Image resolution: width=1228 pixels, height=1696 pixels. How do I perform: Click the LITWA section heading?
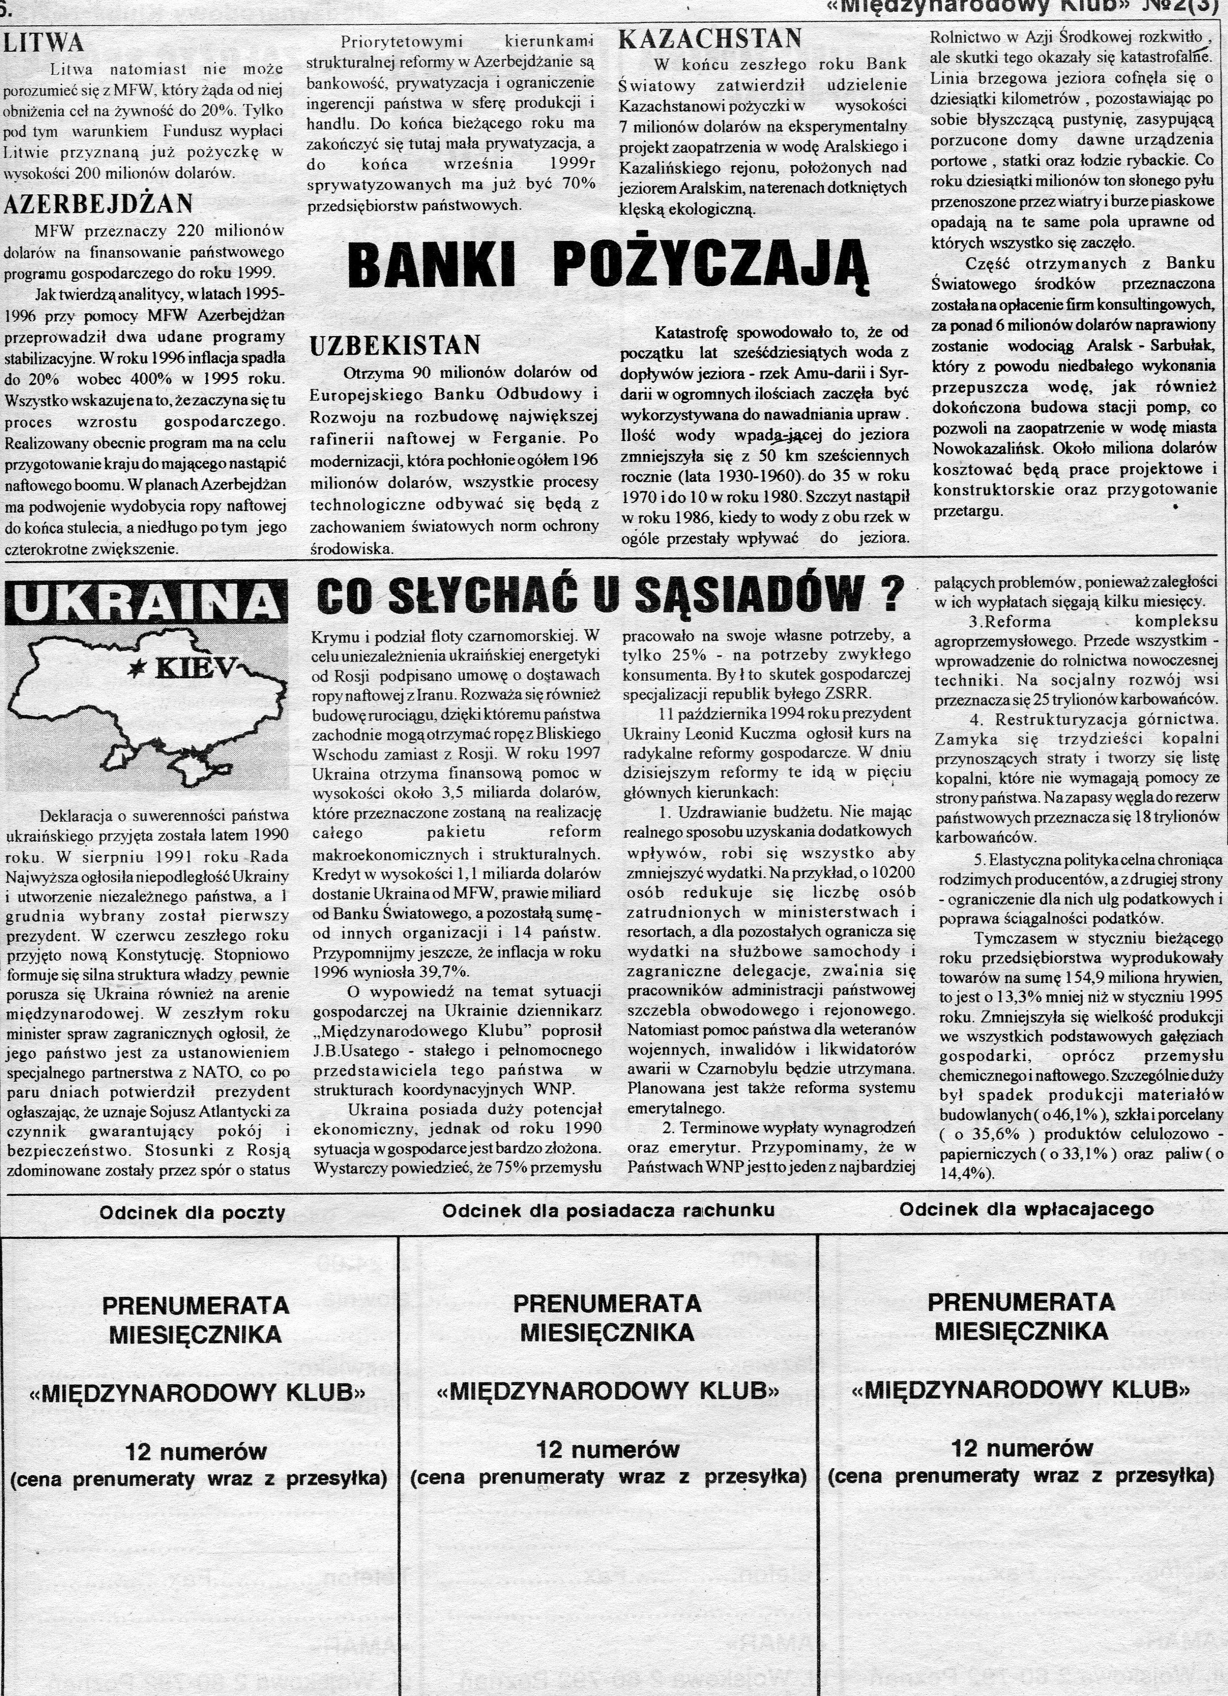[x=44, y=42]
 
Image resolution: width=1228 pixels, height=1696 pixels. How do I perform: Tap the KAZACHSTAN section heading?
[x=710, y=38]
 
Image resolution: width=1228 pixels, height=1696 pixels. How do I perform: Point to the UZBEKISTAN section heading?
[x=395, y=345]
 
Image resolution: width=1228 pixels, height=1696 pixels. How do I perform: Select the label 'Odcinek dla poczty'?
[x=192, y=1213]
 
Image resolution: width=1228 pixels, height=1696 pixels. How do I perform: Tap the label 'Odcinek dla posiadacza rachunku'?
[x=608, y=1211]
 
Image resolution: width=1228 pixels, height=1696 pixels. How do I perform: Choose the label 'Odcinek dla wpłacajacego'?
[x=1026, y=1209]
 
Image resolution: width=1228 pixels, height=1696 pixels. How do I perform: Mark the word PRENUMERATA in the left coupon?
[x=195, y=1306]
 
